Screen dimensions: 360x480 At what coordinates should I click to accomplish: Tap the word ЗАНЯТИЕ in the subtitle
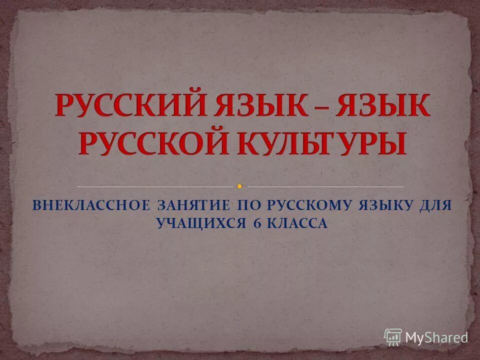pos(193,205)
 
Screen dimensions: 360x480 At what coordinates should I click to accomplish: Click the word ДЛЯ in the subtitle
pos(435,205)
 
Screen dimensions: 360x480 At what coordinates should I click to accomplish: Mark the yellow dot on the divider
pos(239,186)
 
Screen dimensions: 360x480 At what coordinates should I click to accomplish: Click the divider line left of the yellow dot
pos(155,186)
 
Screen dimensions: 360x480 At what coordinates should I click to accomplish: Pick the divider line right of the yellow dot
pos(325,186)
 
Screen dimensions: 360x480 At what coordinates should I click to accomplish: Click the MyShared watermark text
pos(436,336)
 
